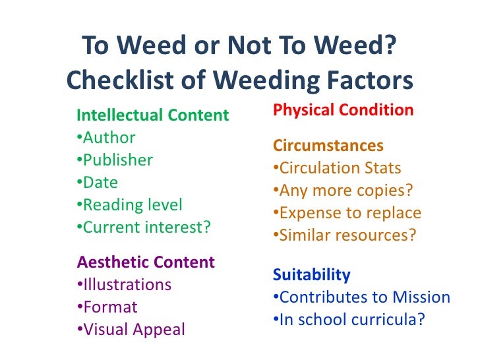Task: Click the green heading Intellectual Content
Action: tap(153, 116)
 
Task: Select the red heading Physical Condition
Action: tap(343, 110)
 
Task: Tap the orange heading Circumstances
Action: tap(328, 145)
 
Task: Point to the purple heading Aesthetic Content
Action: tap(146, 262)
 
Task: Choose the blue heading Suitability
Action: tap(311, 274)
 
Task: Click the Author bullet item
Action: tap(106, 138)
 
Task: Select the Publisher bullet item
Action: tap(115, 160)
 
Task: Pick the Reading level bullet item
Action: tap(129, 205)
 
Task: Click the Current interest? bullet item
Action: tap(144, 227)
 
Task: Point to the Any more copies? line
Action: tap(342, 191)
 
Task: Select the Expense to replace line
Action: tap(346, 213)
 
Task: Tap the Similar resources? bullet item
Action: tap(344, 235)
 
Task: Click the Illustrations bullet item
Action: tap(124, 285)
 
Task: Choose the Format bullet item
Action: tap(107, 307)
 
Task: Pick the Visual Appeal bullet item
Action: tap(131, 330)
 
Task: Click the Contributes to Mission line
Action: tap(361, 297)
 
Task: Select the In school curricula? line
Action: tap(348, 320)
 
